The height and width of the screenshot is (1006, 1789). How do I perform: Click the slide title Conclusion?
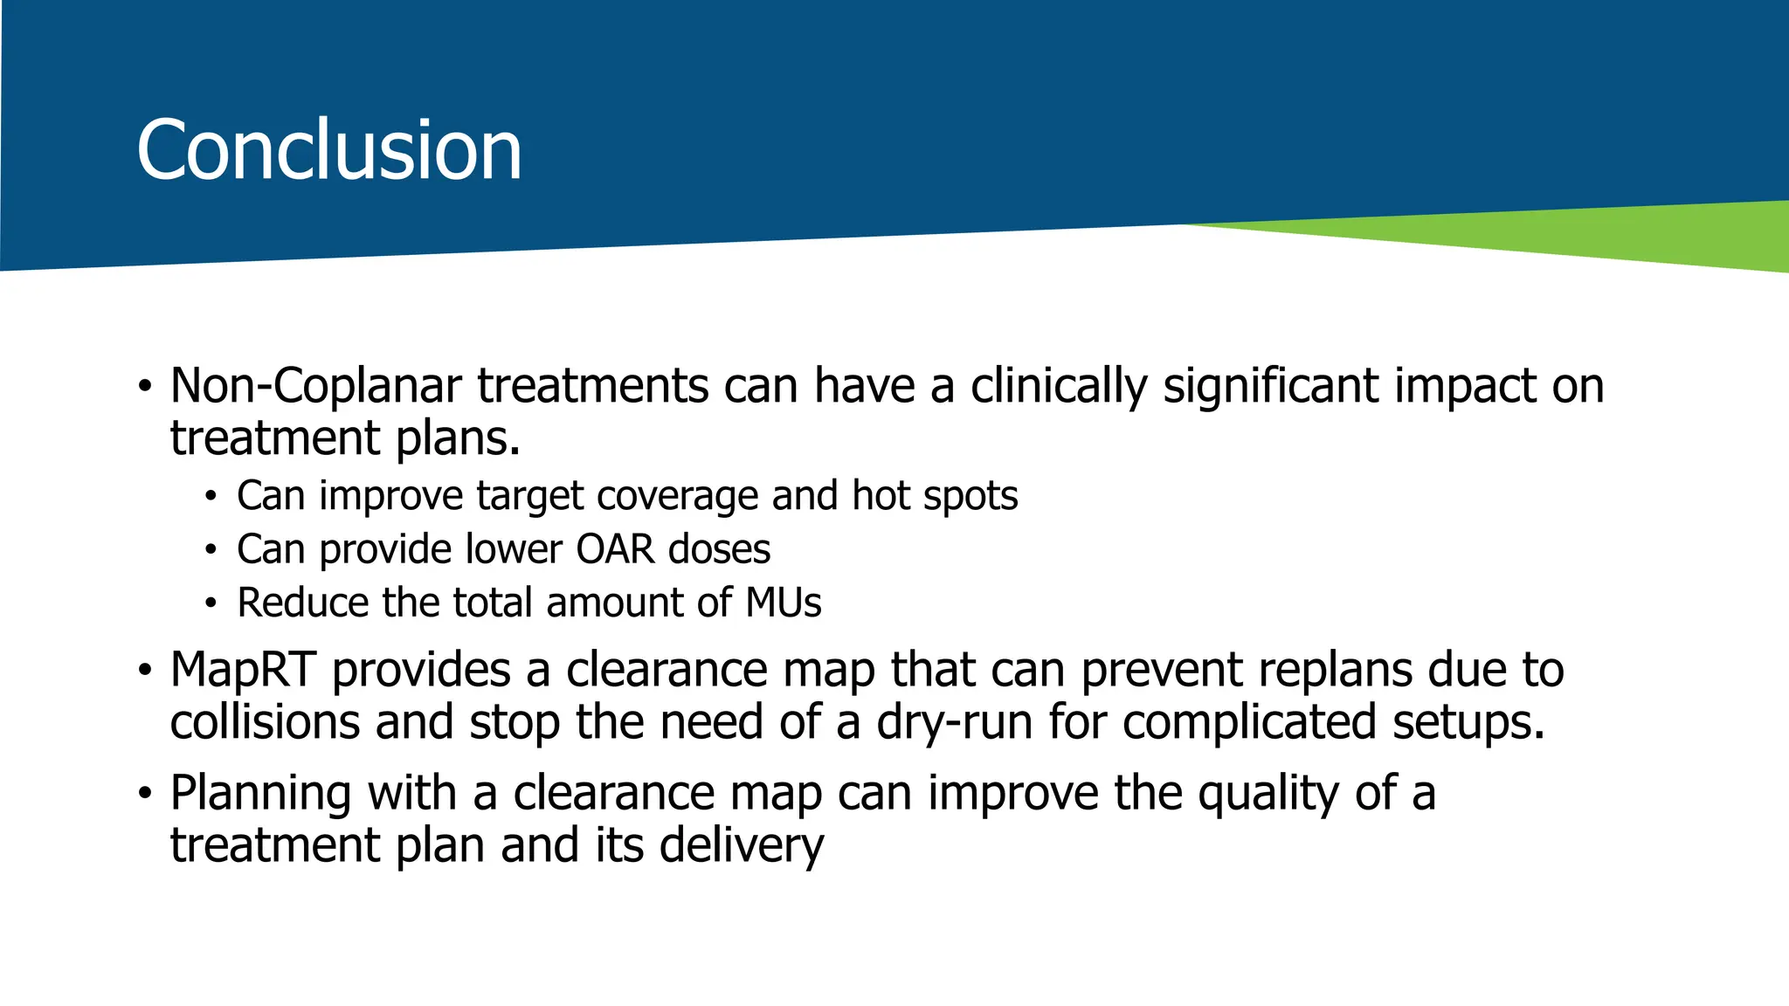click(328, 150)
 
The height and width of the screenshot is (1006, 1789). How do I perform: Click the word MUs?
click(783, 603)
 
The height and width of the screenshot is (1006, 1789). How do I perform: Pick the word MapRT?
click(242, 671)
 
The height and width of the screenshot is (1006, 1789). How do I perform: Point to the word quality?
click(1268, 794)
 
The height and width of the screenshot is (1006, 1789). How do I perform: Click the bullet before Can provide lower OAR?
click(210, 550)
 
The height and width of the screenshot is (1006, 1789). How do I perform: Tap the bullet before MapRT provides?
click(145, 671)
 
